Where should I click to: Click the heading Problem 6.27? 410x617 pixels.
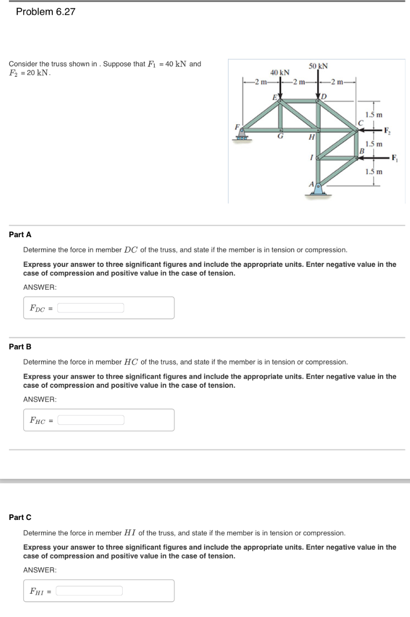coord(46,12)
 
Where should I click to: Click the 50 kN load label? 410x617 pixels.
coord(318,66)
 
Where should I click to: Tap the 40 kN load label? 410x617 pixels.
coord(280,72)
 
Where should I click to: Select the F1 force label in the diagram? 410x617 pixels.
coord(394,158)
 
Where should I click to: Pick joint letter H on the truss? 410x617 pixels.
coord(312,137)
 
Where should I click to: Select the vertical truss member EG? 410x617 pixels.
coord(281,116)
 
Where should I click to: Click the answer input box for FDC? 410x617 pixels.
coord(91,308)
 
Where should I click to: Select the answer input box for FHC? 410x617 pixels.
coord(91,420)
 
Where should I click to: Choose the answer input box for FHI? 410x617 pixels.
coord(90,591)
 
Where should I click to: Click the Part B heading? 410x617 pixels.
coord(20,347)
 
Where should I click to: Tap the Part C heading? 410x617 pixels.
coord(20,517)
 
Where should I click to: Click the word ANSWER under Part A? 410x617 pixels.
coord(40,287)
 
